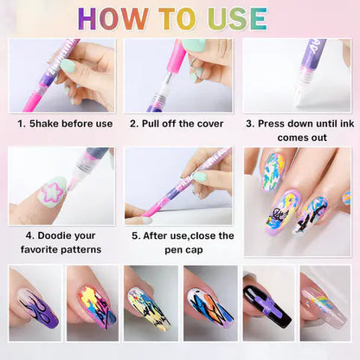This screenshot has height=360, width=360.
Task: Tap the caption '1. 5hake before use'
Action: click(65, 124)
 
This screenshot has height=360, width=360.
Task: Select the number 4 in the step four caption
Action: click(29, 235)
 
